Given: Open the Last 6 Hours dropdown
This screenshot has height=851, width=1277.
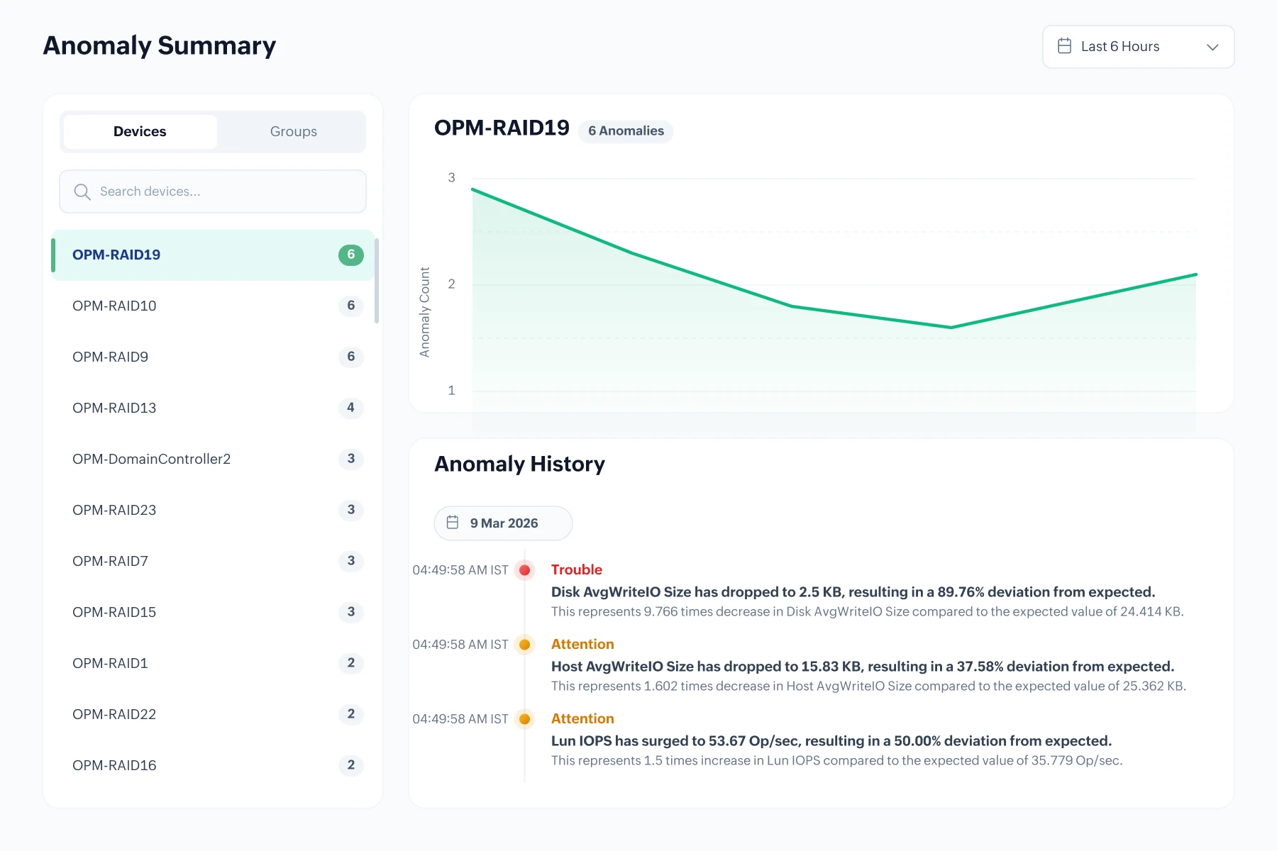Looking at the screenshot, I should pos(1138,47).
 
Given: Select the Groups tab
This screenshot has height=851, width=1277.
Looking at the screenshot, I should pos(293,131).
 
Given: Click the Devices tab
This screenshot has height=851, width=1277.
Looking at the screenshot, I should pos(140,131).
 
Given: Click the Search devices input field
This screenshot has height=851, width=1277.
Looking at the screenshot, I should pos(213,191).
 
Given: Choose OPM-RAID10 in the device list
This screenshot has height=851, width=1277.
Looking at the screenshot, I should pos(114,306).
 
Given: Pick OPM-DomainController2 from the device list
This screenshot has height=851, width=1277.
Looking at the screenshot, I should pos(151,459).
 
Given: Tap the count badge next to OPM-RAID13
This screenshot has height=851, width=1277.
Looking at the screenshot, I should pos(350,408).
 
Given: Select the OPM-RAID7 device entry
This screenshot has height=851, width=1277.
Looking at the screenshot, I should pos(110,561).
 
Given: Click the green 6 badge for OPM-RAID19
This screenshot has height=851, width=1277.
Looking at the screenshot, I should pos(350,255).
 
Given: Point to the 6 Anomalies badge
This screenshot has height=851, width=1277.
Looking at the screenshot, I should pos(626,131).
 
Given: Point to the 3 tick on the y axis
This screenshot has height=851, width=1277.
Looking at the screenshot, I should pos(451,177).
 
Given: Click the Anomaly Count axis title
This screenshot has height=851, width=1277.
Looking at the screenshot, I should pos(425,312).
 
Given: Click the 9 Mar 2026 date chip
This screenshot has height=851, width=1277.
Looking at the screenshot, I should pos(503,523).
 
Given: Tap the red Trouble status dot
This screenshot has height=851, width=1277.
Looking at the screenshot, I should pos(525,570).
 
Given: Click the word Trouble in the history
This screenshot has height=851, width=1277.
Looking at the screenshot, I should pos(576,569).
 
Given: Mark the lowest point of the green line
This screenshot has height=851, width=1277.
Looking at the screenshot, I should pos(951,328).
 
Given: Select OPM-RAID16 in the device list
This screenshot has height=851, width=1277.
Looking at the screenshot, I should pos(114,765).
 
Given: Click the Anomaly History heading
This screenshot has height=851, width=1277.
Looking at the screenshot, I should pos(519,464).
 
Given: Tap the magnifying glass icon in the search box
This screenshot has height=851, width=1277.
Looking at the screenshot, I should pos(82,192).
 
